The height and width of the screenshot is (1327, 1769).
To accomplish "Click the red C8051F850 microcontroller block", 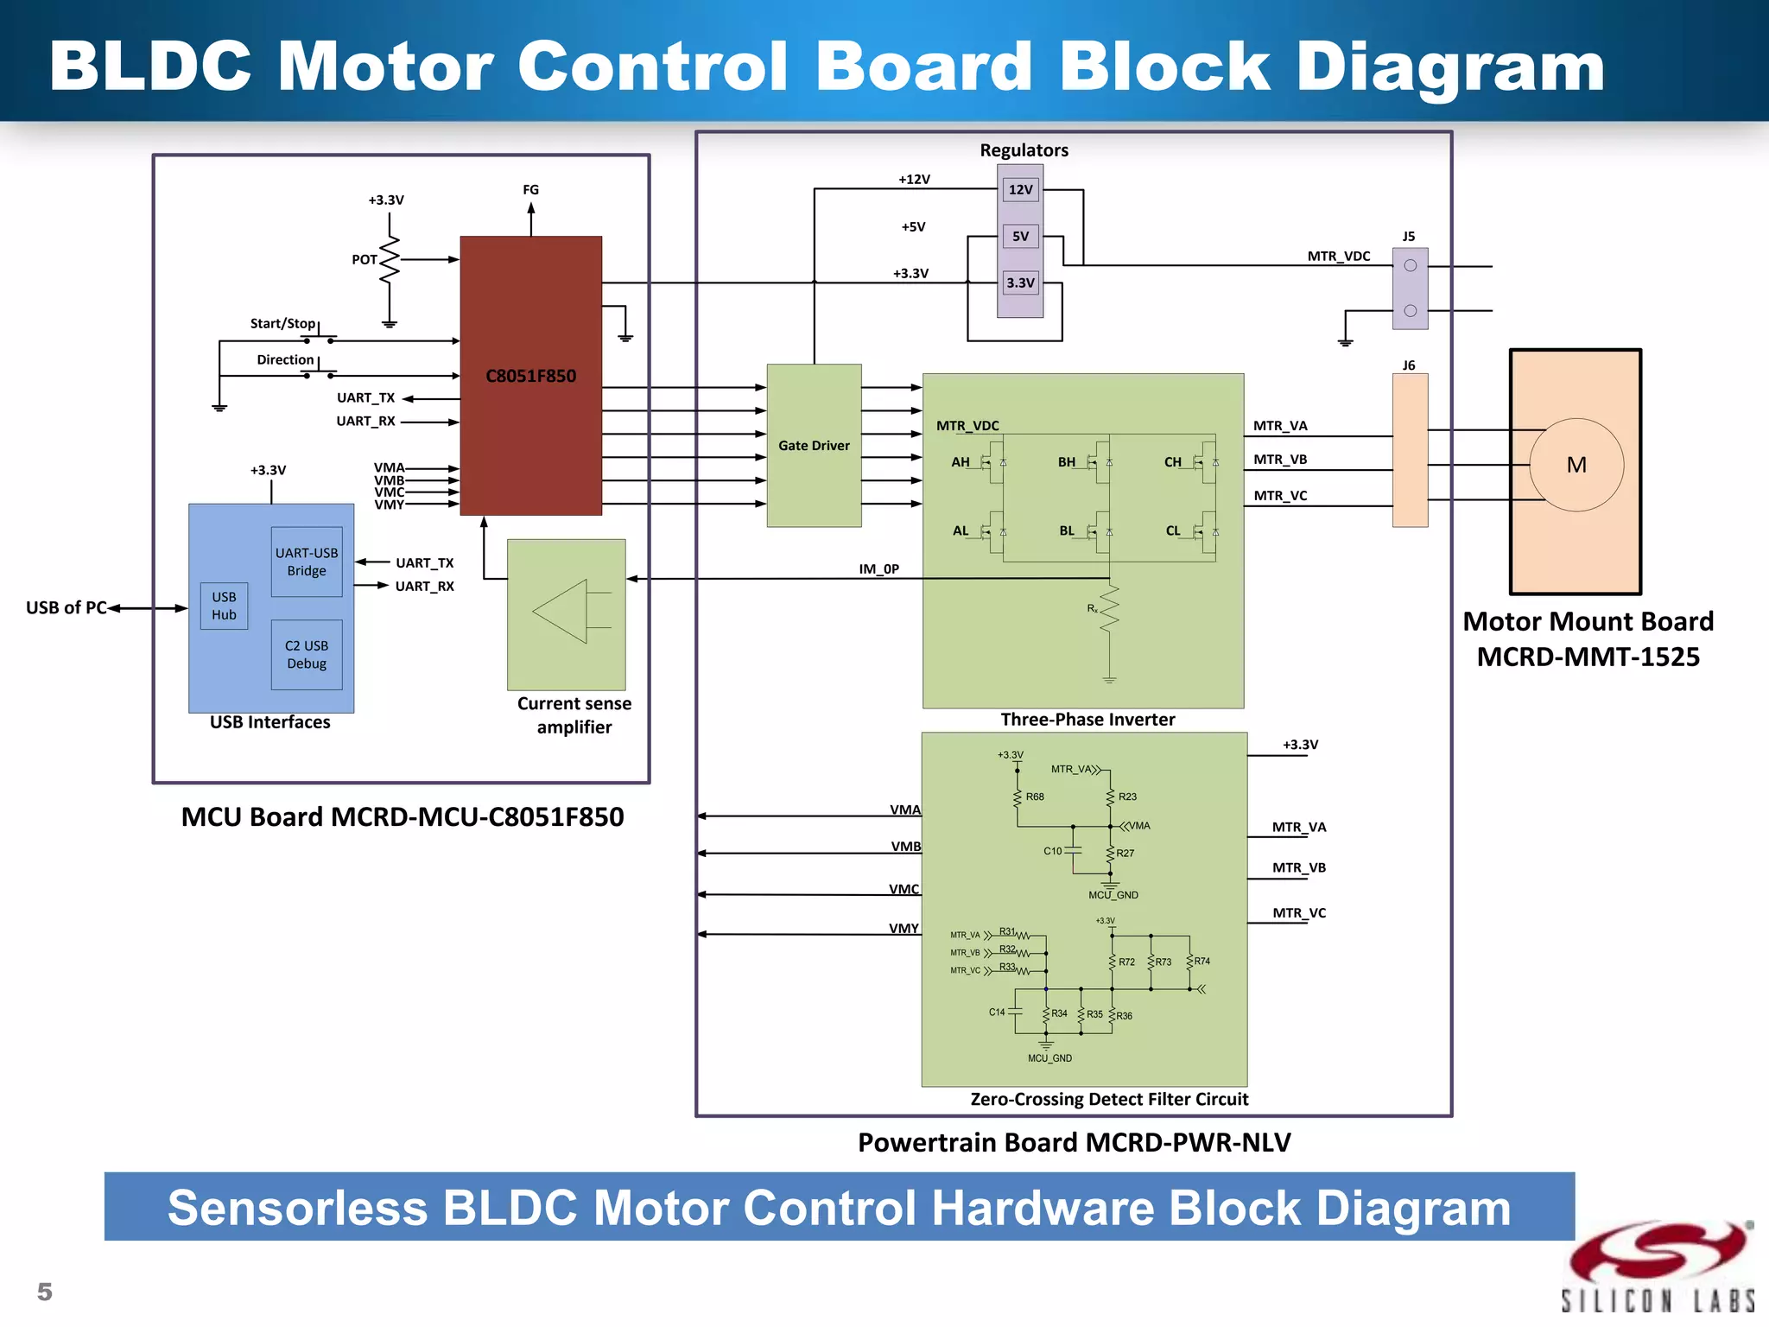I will (530, 376).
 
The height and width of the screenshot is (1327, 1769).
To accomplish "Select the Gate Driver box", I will (814, 445).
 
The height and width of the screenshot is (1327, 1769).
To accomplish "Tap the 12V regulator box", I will (1020, 189).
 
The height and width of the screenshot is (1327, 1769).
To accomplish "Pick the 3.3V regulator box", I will (1020, 283).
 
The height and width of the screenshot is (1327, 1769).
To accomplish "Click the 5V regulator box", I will (1020, 236).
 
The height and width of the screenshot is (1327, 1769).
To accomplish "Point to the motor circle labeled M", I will (1576, 465).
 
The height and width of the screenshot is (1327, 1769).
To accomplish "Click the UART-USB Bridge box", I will (307, 562).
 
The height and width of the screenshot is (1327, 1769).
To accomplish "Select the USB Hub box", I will (224, 606).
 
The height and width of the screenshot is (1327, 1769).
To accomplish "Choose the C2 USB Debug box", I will (307, 655).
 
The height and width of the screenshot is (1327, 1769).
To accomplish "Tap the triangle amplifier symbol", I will (561, 612).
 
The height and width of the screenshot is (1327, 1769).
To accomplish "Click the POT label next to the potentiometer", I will (364, 259).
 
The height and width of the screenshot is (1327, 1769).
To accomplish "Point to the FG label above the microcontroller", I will (530, 189).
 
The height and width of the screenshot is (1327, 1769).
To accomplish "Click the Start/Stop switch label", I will (282, 323).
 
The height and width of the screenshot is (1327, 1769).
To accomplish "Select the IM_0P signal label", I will (878, 568).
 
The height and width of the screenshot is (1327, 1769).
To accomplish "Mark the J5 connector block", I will (1410, 289).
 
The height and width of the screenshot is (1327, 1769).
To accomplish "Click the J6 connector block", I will (1410, 450).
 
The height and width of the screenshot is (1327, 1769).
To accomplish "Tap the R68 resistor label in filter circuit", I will (1035, 797).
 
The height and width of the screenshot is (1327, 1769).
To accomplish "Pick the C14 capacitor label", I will (997, 1012).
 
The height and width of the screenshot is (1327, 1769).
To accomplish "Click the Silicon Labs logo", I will (1658, 1266).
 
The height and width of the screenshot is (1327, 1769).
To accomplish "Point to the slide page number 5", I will (45, 1292).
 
